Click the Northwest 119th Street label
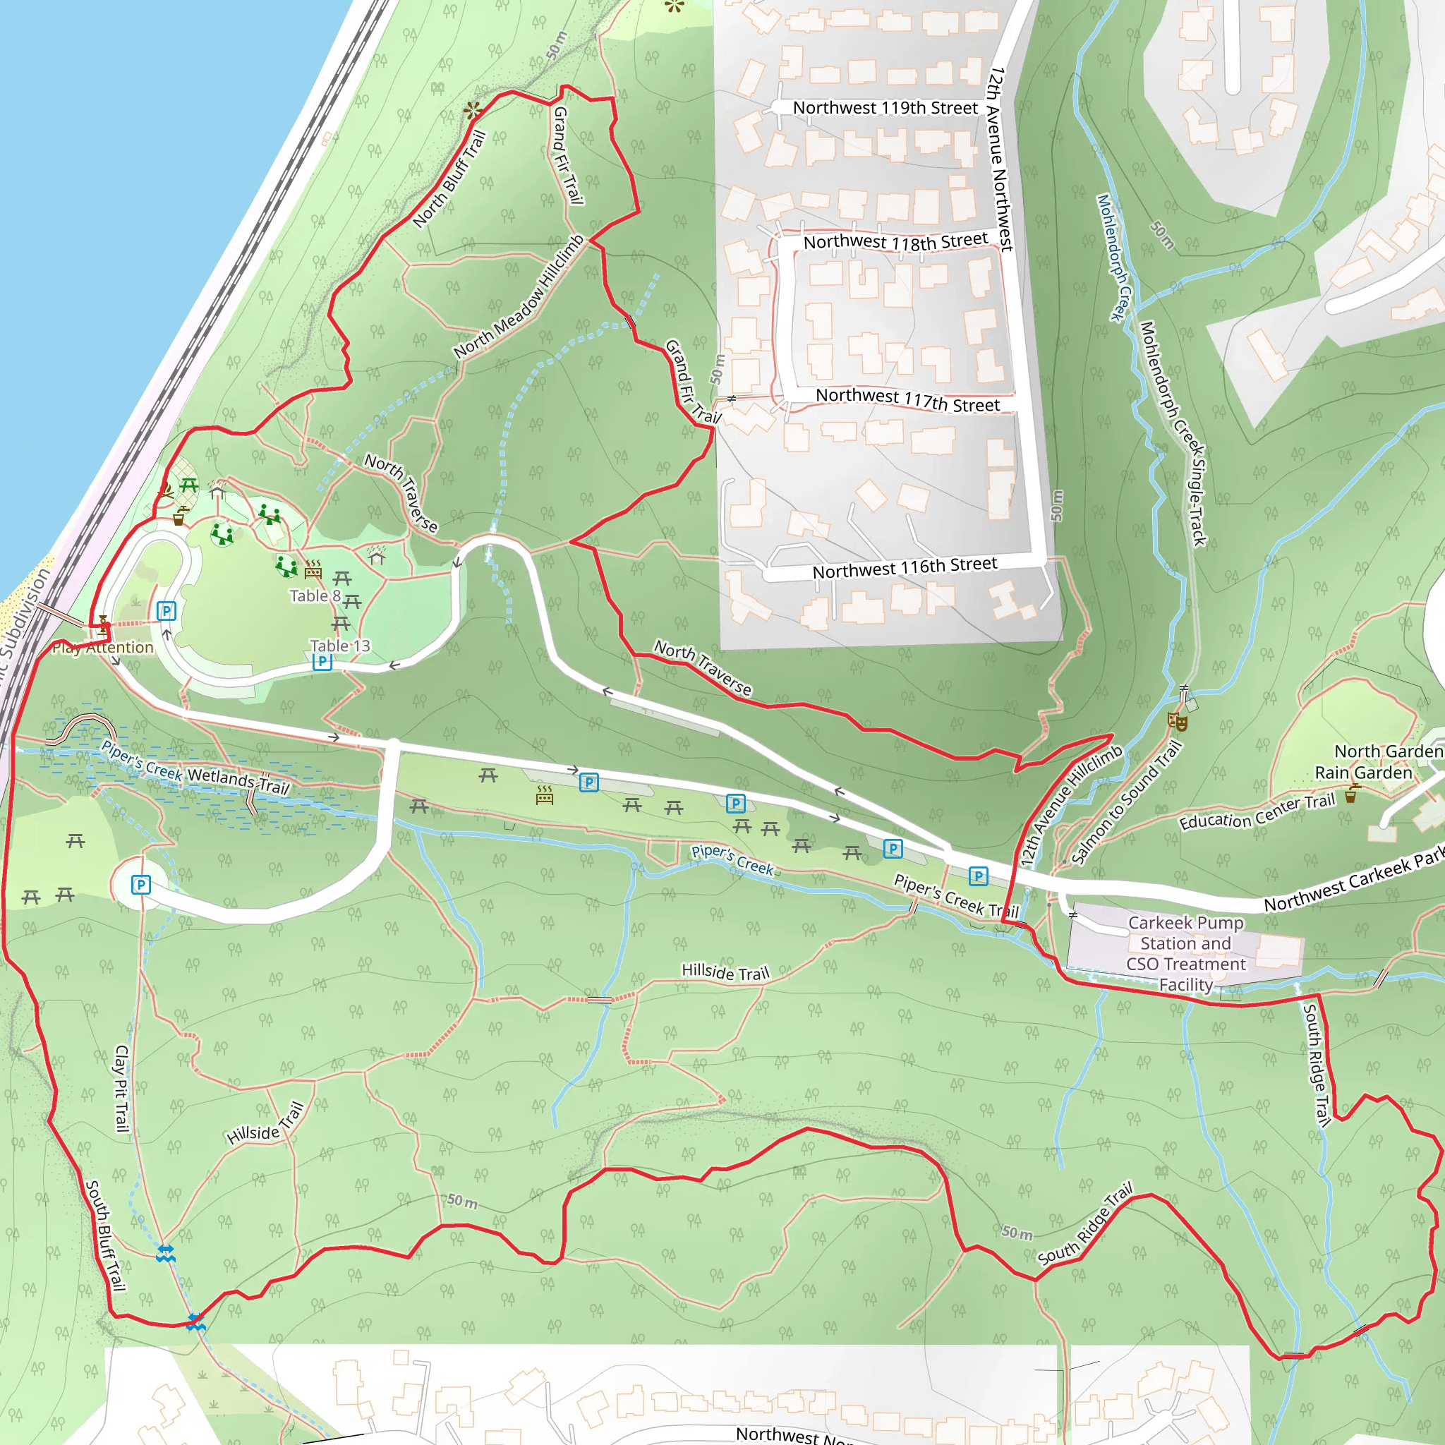pos(885,109)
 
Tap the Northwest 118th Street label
pos(895,241)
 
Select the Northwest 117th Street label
pos(907,399)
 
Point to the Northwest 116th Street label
pos(905,568)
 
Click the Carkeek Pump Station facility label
pos(1185,954)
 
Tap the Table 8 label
pos(315,596)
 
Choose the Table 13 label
pos(339,646)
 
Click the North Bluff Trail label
pos(449,179)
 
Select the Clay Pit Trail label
pos(121,1088)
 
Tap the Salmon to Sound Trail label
pos(1126,802)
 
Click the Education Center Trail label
pos(1257,812)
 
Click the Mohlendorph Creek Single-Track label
pos(1173,433)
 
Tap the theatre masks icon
pos(1178,722)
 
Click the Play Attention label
pos(102,648)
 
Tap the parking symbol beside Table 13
pos(322,661)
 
